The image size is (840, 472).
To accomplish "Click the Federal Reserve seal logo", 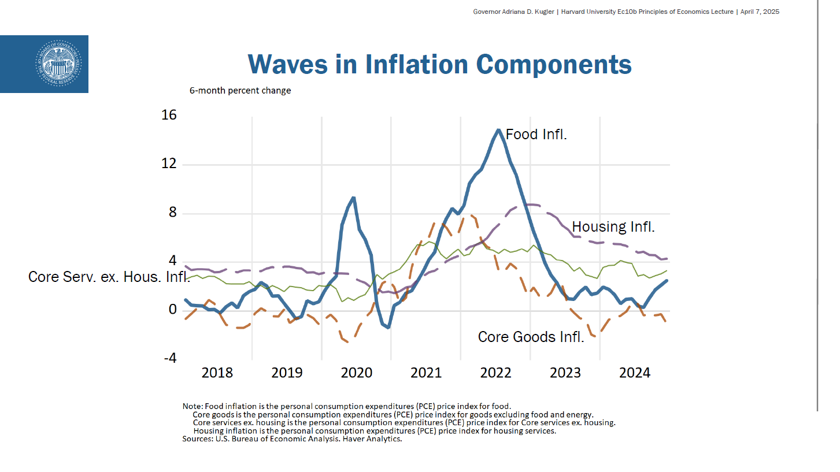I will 58,63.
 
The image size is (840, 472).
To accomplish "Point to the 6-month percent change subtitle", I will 240,91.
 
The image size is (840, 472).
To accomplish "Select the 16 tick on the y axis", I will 169,116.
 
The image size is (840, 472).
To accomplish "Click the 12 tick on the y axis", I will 169,165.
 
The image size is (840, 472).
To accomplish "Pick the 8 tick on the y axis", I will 172,213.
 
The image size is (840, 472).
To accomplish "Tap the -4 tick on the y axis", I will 169,359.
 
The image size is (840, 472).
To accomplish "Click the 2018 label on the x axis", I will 217,373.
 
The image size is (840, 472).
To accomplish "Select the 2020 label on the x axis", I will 357,373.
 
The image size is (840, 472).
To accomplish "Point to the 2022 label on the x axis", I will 496,373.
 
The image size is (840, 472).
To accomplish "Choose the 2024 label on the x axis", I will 635,373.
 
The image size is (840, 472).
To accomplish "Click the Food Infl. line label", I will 536,135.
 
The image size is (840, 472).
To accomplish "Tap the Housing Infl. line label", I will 613,227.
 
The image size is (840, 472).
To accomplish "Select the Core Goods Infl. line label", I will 531,337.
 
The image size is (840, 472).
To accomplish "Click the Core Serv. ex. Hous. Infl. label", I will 109,277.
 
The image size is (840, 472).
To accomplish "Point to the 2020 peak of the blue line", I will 353,198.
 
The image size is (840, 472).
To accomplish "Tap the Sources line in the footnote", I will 292,439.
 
